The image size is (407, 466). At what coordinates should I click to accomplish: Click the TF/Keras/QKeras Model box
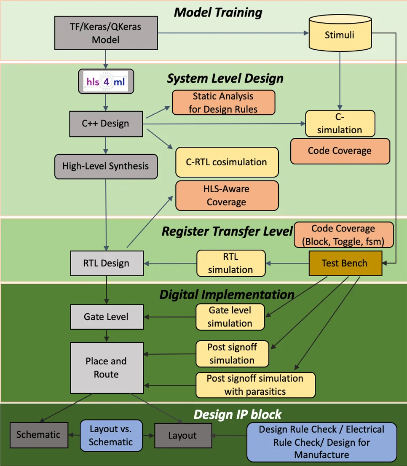click(x=106, y=33)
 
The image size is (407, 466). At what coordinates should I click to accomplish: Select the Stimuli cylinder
click(x=339, y=35)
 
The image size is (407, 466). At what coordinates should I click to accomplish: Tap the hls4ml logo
click(x=106, y=81)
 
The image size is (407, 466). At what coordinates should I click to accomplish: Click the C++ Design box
click(x=106, y=124)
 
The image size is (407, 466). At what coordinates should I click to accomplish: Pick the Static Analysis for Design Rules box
click(x=223, y=102)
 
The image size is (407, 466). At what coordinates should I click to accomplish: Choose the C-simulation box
click(x=340, y=123)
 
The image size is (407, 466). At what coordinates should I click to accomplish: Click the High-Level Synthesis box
click(x=106, y=166)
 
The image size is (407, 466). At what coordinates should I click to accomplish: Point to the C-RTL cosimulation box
click(x=227, y=162)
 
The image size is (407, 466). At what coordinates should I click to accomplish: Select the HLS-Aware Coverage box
click(x=227, y=196)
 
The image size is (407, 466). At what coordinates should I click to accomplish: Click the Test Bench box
click(x=345, y=263)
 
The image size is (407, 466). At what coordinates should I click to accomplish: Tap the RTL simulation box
click(x=230, y=263)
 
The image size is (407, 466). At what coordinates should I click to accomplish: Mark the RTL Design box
click(x=106, y=263)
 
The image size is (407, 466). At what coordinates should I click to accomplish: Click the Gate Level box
click(x=106, y=317)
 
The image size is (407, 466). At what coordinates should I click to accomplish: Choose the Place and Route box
click(x=106, y=368)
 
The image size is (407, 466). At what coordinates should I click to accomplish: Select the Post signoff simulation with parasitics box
click(x=255, y=385)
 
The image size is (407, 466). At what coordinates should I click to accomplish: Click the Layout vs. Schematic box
click(x=111, y=435)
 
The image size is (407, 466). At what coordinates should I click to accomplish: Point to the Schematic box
click(x=38, y=435)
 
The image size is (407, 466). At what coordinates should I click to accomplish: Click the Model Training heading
click(x=218, y=12)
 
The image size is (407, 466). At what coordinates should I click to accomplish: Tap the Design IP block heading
click(x=237, y=414)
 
